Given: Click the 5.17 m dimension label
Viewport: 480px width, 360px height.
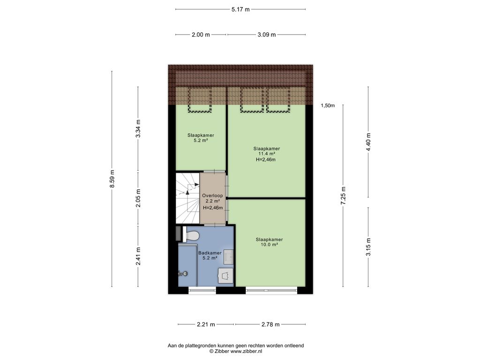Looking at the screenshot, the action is [x=240, y=9].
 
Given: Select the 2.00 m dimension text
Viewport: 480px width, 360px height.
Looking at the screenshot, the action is [x=201, y=35].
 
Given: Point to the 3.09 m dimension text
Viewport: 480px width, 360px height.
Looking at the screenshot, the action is [x=267, y=35].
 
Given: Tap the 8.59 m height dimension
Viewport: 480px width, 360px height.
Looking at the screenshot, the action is [x=112, y=179].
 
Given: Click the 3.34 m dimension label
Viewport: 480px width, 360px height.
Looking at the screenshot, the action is [x=138, y=128].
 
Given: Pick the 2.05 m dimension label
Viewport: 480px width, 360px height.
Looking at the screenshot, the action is [x=138, y=198].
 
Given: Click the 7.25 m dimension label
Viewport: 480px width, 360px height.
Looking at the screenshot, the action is [x=344, y=195].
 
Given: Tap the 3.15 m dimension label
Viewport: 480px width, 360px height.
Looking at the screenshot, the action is [x=368, y=247].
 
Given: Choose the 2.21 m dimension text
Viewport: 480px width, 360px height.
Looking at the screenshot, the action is [x=206, y=324].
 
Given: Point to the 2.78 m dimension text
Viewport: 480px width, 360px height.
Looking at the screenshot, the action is [x=270, y=324].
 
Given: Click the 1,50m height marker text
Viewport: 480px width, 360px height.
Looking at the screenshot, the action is [x=328, y=105].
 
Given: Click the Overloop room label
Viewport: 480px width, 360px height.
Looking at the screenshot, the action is [x=212, y=195].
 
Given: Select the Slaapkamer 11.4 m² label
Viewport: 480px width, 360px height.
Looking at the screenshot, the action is [x=267, y=151].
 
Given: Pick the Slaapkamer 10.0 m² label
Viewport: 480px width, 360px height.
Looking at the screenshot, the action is [x=270, y=242].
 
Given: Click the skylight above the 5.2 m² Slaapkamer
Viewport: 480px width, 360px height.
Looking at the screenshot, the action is [x=200, y=99].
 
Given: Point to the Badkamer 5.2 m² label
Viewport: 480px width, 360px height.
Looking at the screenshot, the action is [x=210, y=255].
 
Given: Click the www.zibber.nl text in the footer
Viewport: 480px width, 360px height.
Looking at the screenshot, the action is [x=246, y=352].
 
